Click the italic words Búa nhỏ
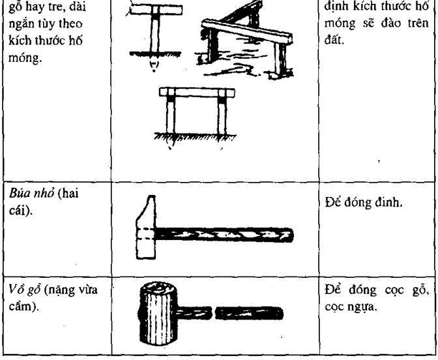pos(31,194)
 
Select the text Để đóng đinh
pos(364,203)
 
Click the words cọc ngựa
pos(351,307)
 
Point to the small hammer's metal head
pos(146,228)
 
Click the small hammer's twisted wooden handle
pos(224,235)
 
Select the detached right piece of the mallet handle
pos(249,313)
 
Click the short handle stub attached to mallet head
pos(194,313)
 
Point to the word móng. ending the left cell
pos(25,59)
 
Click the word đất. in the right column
pos(334,40)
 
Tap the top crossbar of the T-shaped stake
pos(156,10)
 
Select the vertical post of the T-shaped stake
pos(155,33)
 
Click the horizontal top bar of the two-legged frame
pos(197,93)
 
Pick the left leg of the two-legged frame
pos(171,115)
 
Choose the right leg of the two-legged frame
pos(222,115)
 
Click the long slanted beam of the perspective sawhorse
pos(247,32)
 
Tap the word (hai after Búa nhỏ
pos(68,194)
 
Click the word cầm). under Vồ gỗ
pos(23,307)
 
